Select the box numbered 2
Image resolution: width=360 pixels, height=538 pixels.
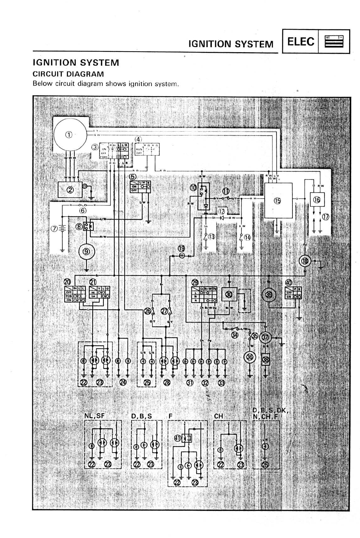coord(70,189)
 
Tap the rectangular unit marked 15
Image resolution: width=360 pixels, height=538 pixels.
coord(278,200)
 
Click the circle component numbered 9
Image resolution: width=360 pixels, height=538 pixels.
coord(86,251)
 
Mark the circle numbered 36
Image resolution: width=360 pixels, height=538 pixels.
coord(250,357)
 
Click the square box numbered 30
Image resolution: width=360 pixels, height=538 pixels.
coord(229,294)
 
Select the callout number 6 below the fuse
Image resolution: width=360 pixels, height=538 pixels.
coord(83,211)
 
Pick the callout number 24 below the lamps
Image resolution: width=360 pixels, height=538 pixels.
coord(123,382)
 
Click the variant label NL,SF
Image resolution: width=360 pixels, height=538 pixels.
coord(95,416)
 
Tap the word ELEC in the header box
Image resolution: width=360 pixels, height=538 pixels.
coord(301,41)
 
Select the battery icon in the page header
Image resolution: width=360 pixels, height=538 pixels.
coord(334,41)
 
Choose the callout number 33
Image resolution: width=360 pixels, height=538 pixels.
coord(222,383)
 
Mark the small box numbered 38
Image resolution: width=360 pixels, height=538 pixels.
coord(266,359)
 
